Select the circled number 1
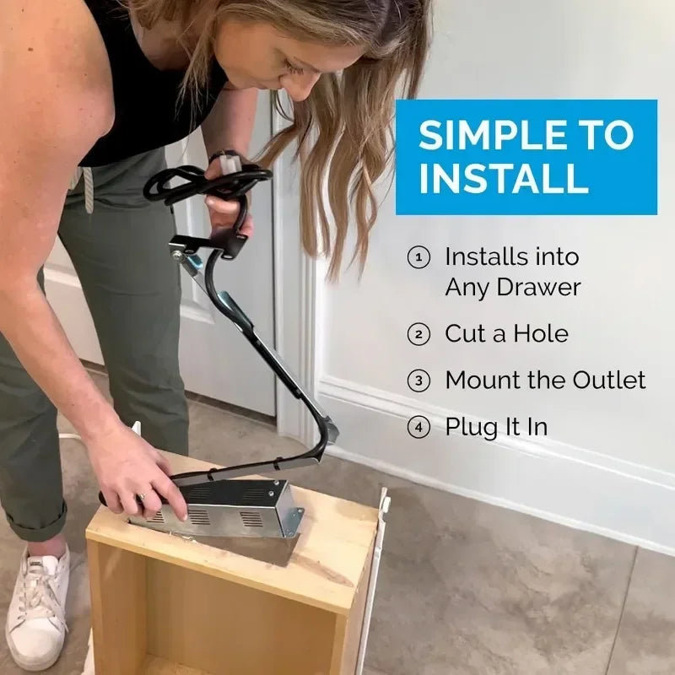coord(418,257)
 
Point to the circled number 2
coord(418,334)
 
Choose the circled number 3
coord(418,381)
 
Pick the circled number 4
coord(418,427)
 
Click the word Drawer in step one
coord(537,287)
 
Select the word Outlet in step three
coord(609,380)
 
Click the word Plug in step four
coord(470,428)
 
